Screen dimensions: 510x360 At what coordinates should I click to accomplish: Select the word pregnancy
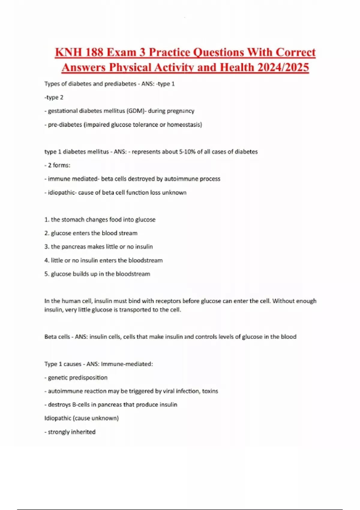click(x=181, y=111)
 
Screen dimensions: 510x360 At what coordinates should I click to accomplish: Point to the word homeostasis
click(x=184, y=125)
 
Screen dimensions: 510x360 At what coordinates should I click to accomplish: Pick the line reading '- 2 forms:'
click(x=57, y=165)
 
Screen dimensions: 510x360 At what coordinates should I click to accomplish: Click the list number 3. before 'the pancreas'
click(x=47, y=247)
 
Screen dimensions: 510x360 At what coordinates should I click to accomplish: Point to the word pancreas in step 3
click(x=74, y=247)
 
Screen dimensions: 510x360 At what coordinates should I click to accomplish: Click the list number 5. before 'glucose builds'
click(x=47, y=274)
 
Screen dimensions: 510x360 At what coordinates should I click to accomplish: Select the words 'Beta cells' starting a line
click(x=57, y=337)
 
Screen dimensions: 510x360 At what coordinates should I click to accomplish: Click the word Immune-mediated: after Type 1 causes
click(x=127, y=364)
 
